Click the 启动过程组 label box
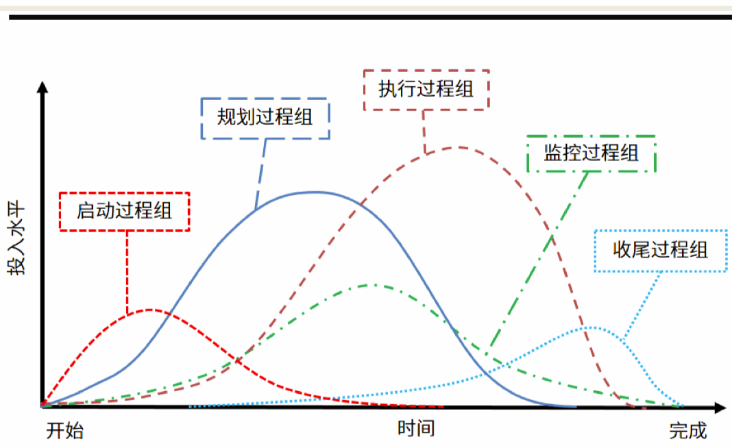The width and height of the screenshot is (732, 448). coord(125,211)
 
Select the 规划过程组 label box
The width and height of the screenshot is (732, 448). coord(265,118)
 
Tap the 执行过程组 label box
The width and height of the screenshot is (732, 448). coord(426,89)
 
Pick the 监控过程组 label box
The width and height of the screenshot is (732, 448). coord(591,153)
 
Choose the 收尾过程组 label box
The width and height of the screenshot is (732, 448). coord(660,251)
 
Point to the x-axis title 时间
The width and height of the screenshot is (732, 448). coord(416,429)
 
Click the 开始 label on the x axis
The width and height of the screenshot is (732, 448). coord(65,431)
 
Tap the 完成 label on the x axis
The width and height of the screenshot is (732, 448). coord(687,431)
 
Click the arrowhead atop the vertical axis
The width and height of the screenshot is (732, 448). coord(42,87)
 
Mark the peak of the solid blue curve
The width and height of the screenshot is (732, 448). coord(314,192)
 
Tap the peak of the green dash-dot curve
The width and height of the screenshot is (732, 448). coord(371,284)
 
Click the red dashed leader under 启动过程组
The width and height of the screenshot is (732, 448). coord(127,271)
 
